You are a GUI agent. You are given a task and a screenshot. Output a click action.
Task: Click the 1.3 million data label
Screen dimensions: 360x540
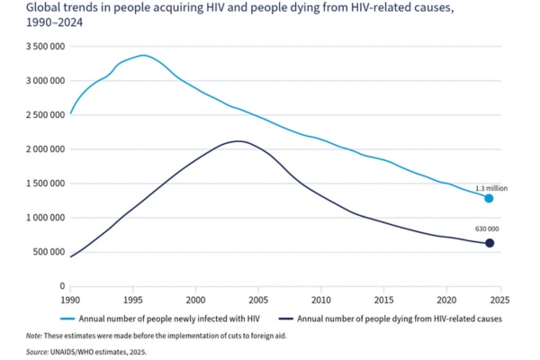click(x=492, y=188)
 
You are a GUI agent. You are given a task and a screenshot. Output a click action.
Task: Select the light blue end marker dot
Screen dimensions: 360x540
click(x=490, y=198)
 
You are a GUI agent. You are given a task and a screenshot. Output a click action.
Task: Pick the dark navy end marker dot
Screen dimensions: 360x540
click(x=490, y=243)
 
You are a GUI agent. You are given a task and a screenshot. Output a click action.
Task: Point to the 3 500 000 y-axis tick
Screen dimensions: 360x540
click(x=40, y=45)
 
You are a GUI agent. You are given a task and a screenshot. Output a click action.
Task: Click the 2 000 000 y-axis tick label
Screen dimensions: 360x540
click(x=40, y=148)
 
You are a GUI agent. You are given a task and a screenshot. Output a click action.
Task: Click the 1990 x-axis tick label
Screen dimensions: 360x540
click(x=70, y=299)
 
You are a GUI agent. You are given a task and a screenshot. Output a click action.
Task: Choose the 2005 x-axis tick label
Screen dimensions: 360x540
click(x=258, y=299)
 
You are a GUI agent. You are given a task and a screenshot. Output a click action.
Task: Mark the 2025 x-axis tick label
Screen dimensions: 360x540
click(x=500, y=299)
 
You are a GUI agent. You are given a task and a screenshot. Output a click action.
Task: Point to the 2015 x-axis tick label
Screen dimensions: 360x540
click(x=383, y=299)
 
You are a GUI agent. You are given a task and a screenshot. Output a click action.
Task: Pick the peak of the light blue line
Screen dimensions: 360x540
click(x=144, y=55)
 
